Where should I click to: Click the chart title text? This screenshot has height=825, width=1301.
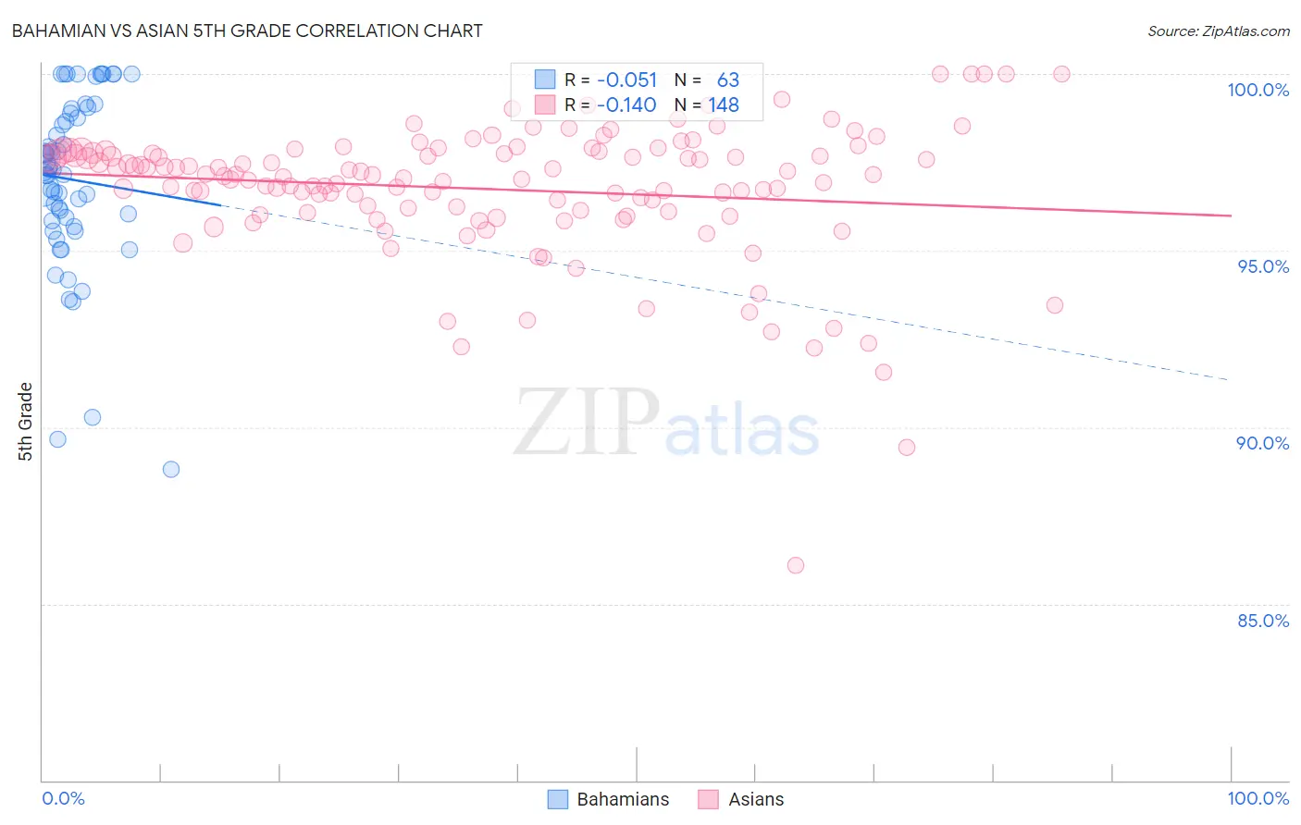pos(246,31)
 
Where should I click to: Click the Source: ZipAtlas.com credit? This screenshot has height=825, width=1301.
pos(1218,31)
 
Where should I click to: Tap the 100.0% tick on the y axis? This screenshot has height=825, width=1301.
pos(1258,90)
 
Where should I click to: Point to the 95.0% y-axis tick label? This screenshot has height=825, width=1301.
pos(1262,266)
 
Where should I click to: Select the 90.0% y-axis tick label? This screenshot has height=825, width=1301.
pos(1262,443)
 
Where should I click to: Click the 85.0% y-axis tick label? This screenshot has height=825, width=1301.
pos(1262,621)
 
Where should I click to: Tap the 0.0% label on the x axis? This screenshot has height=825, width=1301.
pos(63,798)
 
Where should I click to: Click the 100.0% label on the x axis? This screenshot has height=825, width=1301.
pos(1258,798)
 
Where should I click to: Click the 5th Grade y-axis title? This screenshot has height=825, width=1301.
pos(26,422)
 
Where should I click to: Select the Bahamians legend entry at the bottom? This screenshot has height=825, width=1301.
pos(608,799)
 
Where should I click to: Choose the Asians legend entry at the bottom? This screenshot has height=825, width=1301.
pos(741,799)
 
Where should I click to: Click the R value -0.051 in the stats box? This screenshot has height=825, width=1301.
pos(626,80)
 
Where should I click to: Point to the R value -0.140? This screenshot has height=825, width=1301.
pos(626,105)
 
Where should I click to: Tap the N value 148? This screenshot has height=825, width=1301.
pos(724,105)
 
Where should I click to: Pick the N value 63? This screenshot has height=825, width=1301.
pos(727,80)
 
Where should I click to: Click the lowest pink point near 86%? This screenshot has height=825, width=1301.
pos(796,565)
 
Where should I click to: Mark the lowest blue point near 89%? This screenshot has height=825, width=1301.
pos(171,469)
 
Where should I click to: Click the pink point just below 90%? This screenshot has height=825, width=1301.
pos(907,448)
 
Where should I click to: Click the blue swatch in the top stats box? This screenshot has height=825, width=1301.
pos(545,80)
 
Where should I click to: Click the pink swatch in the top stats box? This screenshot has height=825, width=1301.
pos(545,105)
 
